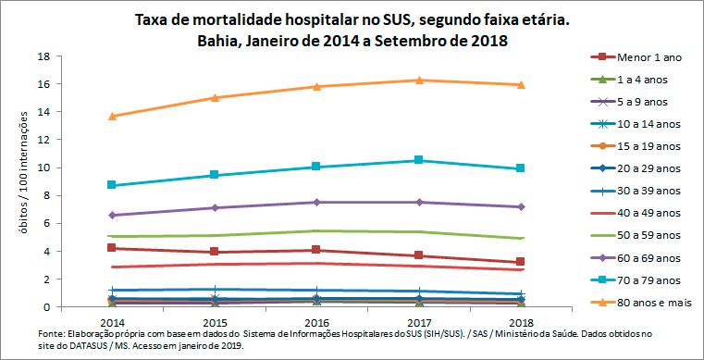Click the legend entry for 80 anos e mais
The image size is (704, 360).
point(647,302)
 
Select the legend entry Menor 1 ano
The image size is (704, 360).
point(647,57)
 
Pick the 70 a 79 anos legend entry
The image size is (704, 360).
point(647,279)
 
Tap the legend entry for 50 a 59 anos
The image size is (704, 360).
point(647,235)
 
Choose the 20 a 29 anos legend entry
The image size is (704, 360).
point(647,168)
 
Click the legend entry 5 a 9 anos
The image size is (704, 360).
point(647,102)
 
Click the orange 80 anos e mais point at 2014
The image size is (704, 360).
point(112,117)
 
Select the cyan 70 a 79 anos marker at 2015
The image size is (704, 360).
point(215,175)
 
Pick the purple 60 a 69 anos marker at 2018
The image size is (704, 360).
point(521,206)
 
